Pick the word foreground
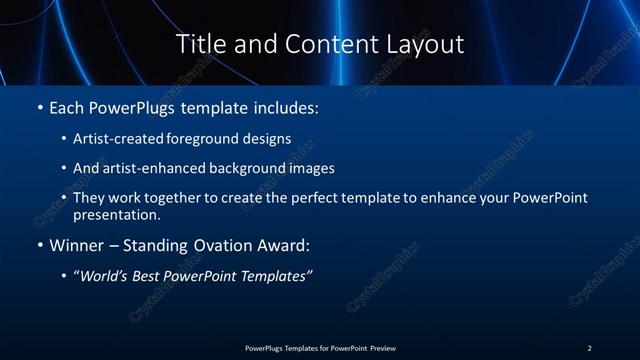point(218,138)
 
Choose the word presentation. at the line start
point(116,214)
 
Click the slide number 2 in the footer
point(589,348)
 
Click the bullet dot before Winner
point(39,245)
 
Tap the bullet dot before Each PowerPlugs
point(39,106)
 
